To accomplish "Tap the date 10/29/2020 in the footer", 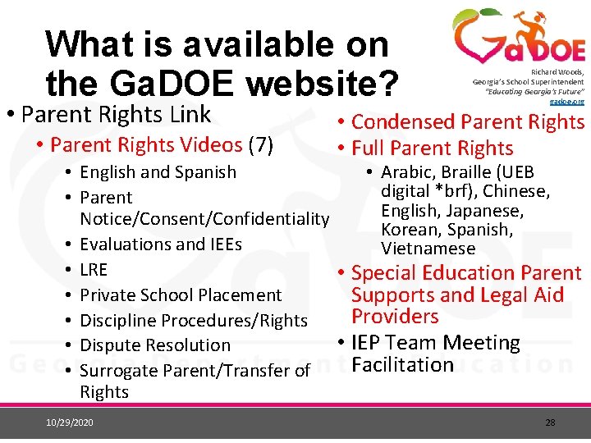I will coord(71,422).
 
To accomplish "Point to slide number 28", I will coord(550,422).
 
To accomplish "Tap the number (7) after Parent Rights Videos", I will coord(260,145).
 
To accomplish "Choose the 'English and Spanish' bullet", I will coord(158,172).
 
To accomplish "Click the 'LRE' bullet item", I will coord(94,269).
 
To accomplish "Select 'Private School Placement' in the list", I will coord(181,295).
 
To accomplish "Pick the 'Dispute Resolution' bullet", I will coord(155,345).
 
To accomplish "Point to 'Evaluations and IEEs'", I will coord(161,244).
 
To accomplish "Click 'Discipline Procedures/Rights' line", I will coord(194,320).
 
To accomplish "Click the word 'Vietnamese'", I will coord(428,248).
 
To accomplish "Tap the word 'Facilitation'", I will coord(402,364).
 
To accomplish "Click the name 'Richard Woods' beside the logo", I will coord(563,72).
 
